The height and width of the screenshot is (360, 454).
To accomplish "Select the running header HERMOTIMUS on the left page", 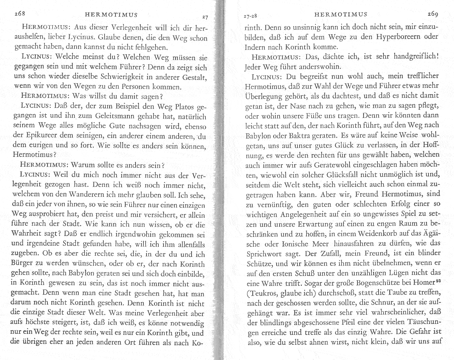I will [x=111, y=14].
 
